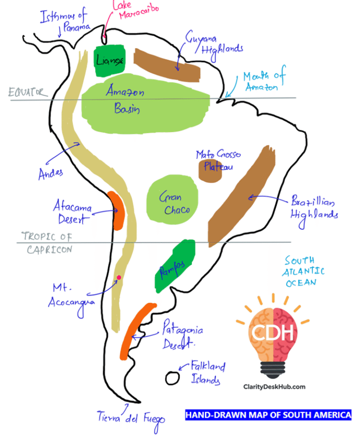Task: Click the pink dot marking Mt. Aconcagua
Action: [119, 277]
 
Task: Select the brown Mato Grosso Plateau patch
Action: [210, 171]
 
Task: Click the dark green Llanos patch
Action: [110, 60]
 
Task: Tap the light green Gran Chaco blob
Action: [172, 200]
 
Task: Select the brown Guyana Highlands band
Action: [166, 66]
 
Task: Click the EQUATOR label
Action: [28, 92]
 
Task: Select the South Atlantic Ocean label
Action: [303, 271]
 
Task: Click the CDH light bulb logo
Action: [273, 336]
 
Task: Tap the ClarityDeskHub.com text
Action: [274, 387]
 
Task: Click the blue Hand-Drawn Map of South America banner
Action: [268, 415]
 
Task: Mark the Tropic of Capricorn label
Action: [47, 243]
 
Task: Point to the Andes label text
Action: [51, 174]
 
